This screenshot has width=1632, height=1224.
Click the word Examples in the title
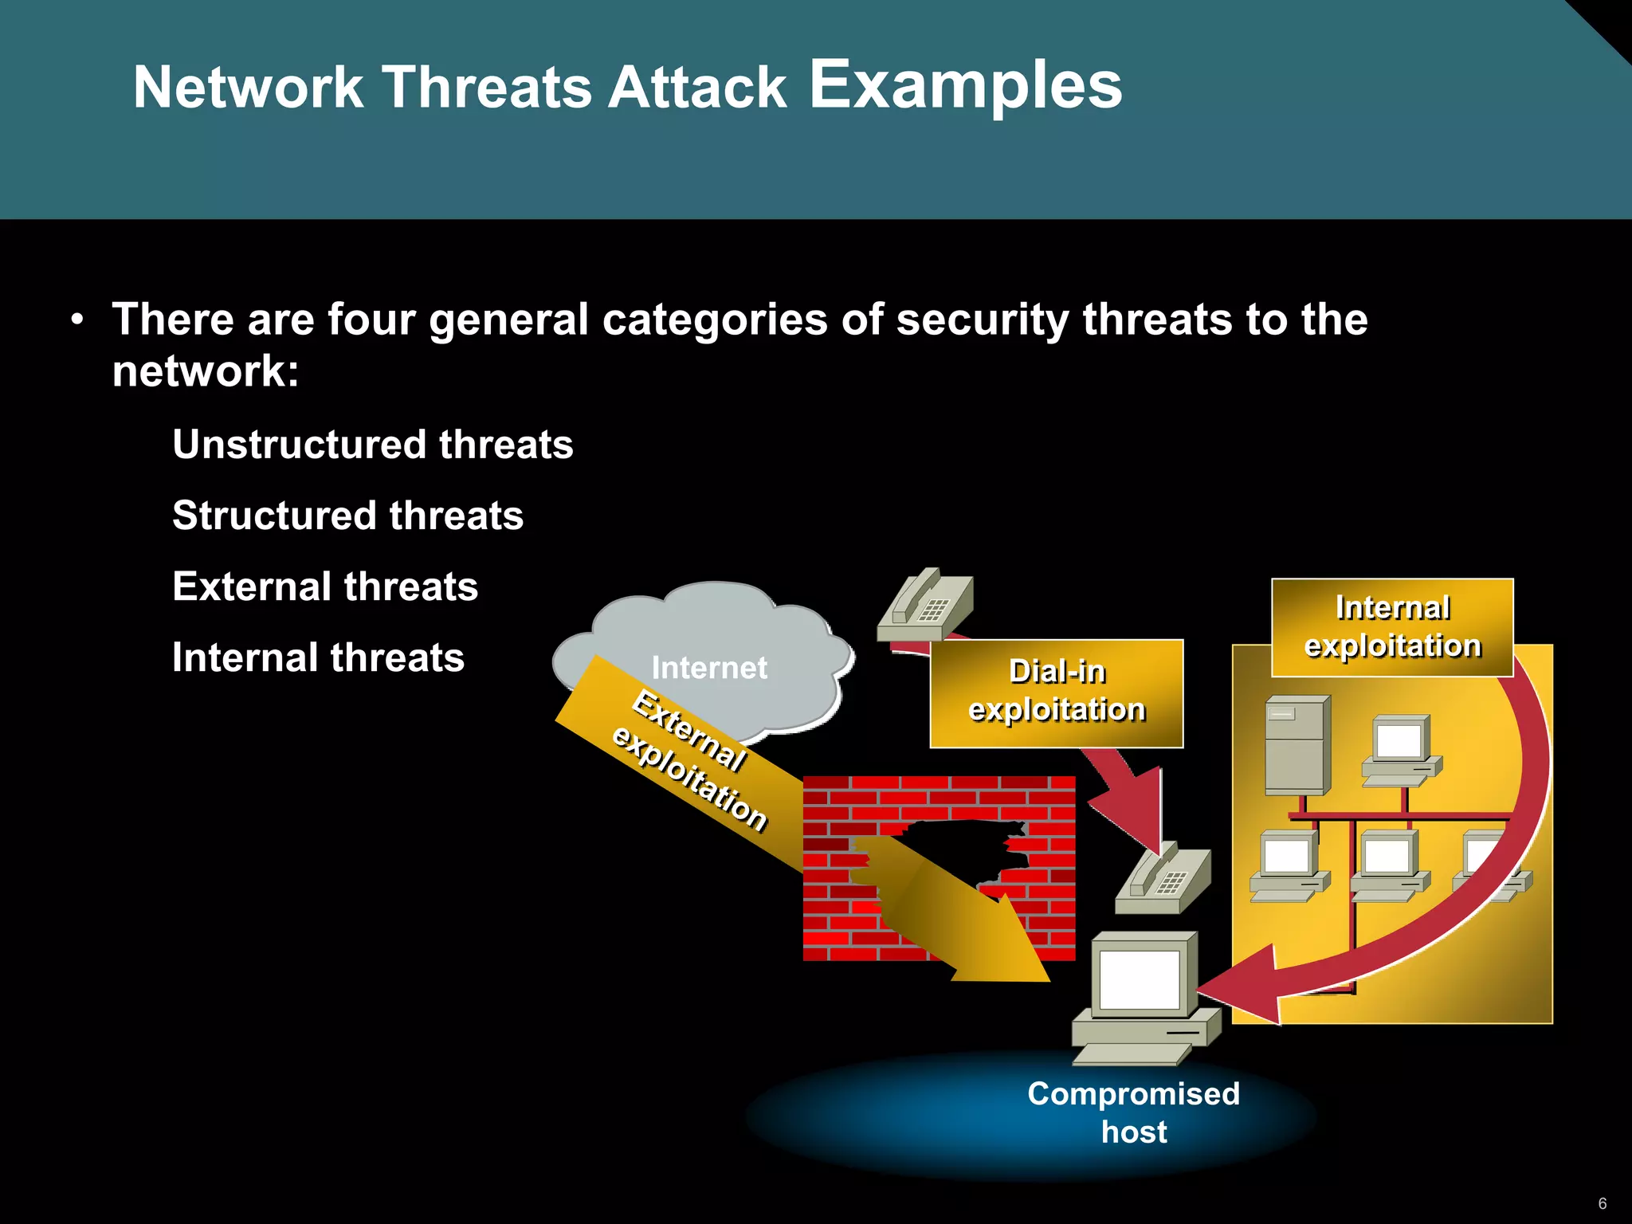tap(965, 86)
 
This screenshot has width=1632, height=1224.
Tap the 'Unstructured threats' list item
tap(372, 445)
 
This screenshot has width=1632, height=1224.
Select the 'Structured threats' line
tap(347, 516)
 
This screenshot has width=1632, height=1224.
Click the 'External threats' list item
tap(324, 586)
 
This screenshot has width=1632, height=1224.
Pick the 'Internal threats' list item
tap(318, 658)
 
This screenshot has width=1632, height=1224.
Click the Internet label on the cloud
tap(709, 668)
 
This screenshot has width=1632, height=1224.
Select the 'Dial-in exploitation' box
tap(1056, 692)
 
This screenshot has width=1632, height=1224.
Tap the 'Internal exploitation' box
tap(1391, 627)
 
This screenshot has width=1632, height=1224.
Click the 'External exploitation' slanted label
tap(689, 761)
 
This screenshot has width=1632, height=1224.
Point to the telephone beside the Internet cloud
tap(927, 606)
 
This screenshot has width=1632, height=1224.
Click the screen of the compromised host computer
tap(1139, 979)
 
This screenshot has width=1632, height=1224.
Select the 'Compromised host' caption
tap(1133, 1112)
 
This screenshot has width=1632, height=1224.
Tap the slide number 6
tap(1603, 1203)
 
